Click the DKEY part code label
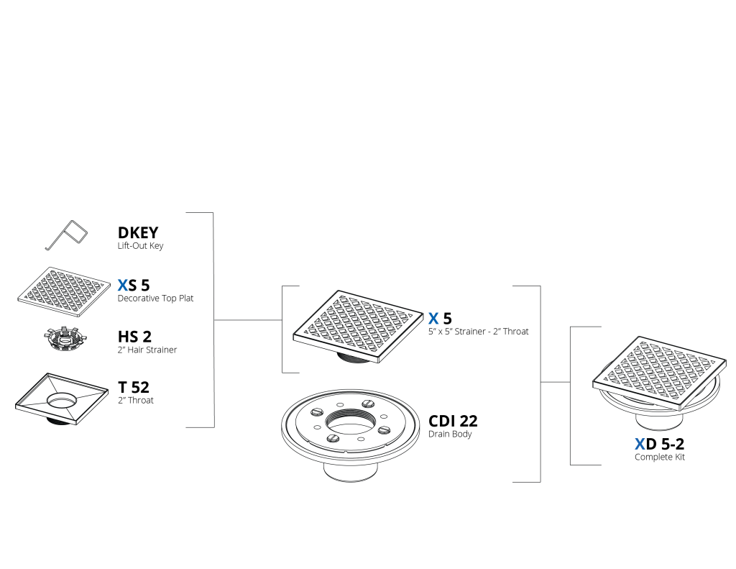coord(137,232)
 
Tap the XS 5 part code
coord(134,285)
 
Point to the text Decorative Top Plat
coord(155,299)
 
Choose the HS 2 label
coord(134,337)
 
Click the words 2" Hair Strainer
coord(147,350)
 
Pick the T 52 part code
coord(134,387)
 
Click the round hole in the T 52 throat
coord(62,401)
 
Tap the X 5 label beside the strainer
coord(440,319)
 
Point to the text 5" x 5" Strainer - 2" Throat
coord(478,332)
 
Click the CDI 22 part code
coord(453,421)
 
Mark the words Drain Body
coord(450,434)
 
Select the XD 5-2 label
coord(660,444)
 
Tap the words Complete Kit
coord(660,458)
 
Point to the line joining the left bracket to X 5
coord(248,320)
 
